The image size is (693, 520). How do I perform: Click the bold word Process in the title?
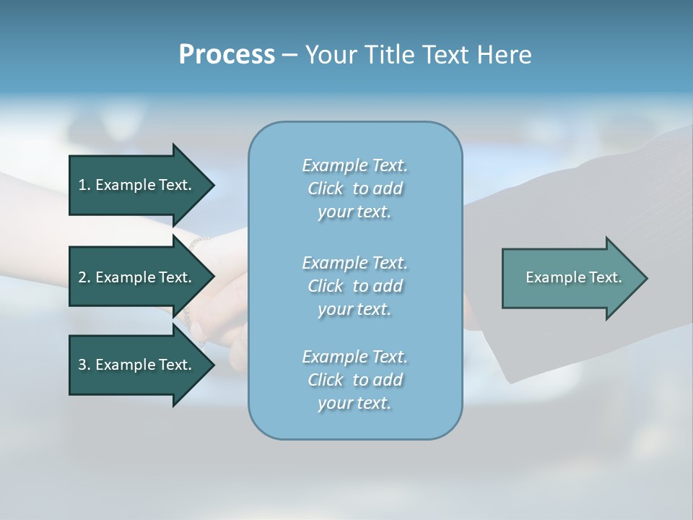coord(227,54)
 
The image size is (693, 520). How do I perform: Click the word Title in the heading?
coord(391,54)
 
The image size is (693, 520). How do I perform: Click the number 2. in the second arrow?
coord(84,277)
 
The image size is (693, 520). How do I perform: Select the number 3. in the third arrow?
coord(84,365)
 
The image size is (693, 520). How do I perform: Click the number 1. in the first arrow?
coord(84,185)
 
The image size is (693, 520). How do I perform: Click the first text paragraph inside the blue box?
coord(354,188)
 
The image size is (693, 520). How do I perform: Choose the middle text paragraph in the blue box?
coord(354,286)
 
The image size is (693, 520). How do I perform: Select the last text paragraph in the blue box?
coord(354,380)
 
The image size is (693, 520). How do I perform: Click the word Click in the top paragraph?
coord(325,188)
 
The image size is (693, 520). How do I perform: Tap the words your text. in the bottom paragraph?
coord(354,403)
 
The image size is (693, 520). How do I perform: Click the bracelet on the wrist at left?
coord(189,303)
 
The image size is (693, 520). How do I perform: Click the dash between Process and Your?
coord(290,55)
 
